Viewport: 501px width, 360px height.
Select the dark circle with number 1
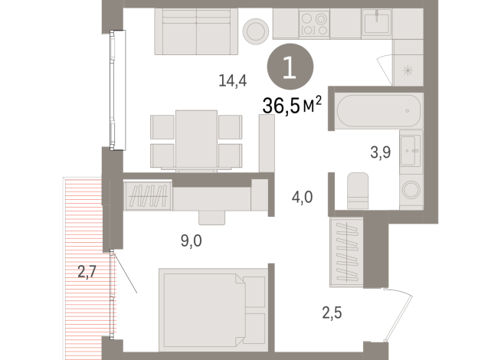tap(289, 69)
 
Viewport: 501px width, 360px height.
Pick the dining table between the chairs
tap(196, 138)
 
